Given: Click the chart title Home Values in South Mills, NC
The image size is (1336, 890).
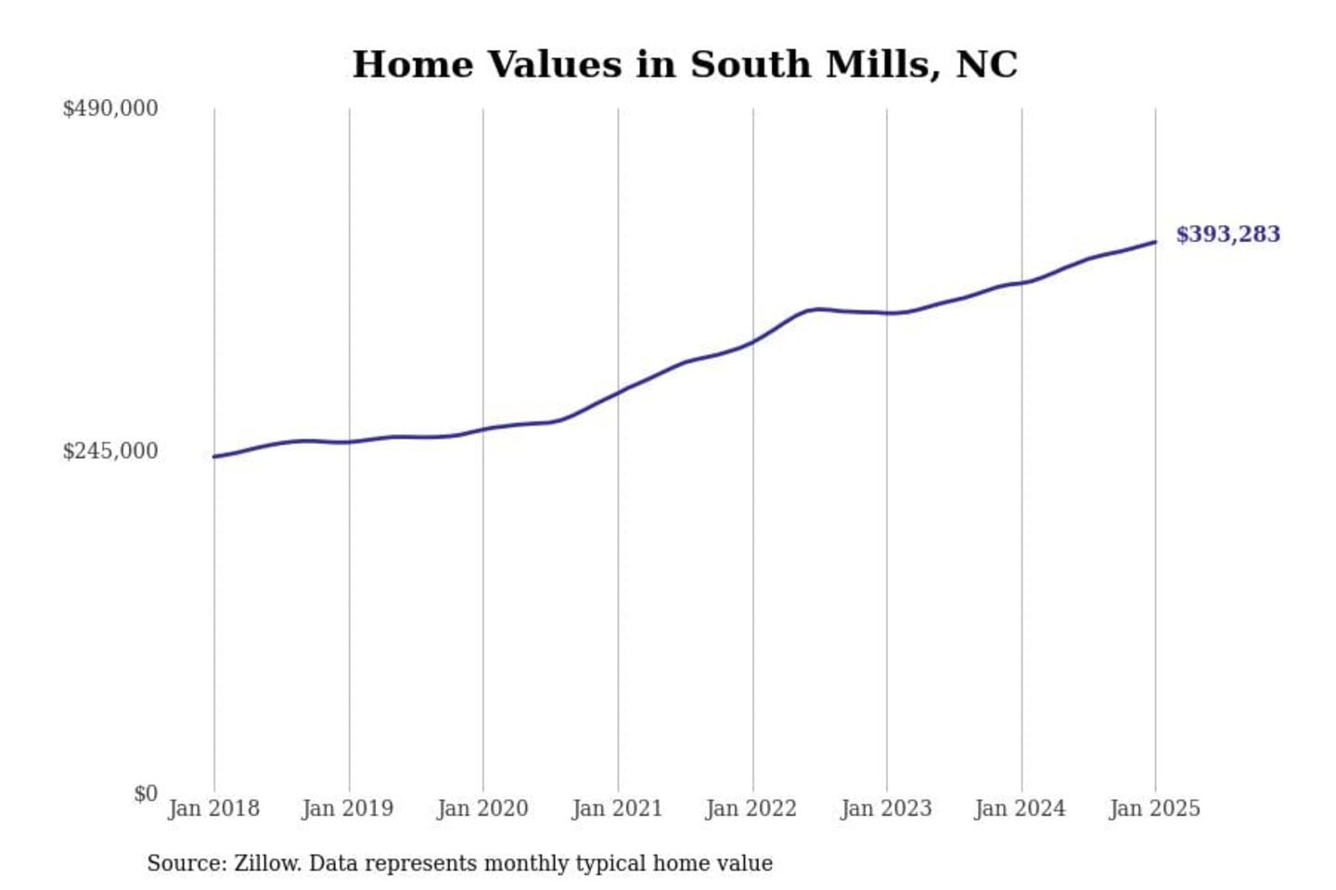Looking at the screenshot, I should [685, 65].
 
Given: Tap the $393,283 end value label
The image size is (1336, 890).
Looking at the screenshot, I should [1227, 235].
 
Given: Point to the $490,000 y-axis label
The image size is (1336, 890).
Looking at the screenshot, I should [110, 108].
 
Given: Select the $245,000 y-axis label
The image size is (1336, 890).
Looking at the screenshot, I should [110, 451].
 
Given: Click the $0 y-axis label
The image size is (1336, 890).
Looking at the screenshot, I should [146, 794].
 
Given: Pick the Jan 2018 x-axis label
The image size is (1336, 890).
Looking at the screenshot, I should [213, 808].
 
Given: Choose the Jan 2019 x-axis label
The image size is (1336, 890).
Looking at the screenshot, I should [348, 808].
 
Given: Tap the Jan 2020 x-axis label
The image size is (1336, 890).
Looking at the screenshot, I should [482, 808].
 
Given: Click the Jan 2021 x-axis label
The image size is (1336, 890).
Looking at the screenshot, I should [617, 808].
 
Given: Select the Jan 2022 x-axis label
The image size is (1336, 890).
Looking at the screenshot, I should [751, 808].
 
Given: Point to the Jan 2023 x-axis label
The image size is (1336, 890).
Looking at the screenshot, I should [886, 808].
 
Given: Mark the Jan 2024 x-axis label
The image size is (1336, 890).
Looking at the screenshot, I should [1021, 808].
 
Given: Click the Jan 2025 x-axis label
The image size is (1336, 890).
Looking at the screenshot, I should [1155, 808].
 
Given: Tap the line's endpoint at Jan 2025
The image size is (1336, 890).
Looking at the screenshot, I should [1155, 242].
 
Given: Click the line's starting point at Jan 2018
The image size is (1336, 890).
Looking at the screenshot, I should [214, 456].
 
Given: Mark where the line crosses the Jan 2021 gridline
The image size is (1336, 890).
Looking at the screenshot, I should [618, 391].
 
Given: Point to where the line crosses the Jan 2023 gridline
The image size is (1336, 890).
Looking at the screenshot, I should [887, 313].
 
